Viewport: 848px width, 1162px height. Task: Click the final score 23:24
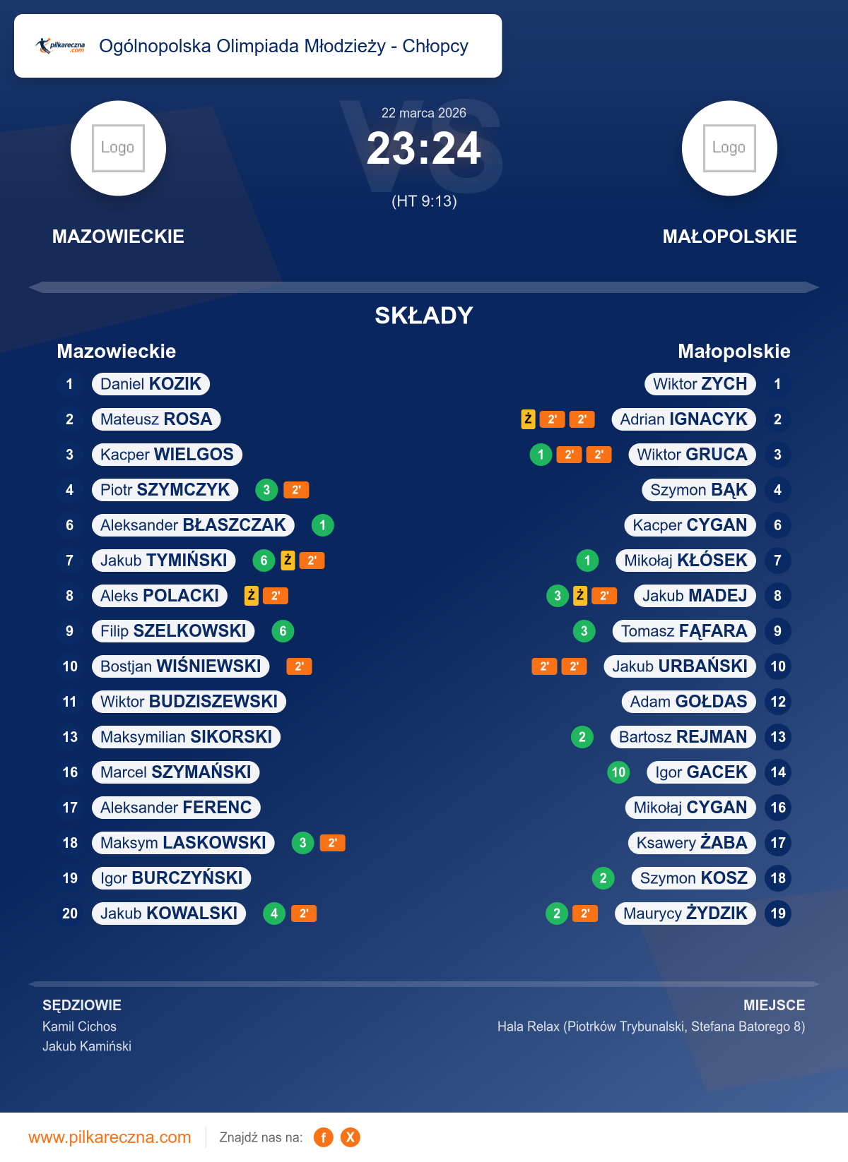pyautogui.click(x=423, y=149)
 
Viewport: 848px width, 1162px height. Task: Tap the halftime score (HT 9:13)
pyautogui.click(x=424, y=202)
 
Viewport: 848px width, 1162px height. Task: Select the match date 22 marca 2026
pyautogui.click(x=423, y=113)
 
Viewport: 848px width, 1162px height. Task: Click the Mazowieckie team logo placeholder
pyautogui.click(x=118, y=148)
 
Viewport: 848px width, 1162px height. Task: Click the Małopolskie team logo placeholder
pyautogui.click(x=729, y=148)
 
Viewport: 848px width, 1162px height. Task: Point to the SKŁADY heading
pyautogui.click(x=423, y=316)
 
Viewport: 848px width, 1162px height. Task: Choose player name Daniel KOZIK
pyautogui.click(x=151, y=384)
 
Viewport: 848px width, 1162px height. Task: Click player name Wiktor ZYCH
pyautogui.click(x=700, y=384)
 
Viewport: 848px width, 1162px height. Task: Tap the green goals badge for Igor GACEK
pyautogui.click(x=618, y=772)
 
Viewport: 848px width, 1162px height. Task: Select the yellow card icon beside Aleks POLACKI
pyautogui.click(x=251, y=596)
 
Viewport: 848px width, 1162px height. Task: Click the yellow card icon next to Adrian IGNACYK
pyautogui.click(x=528, y=419)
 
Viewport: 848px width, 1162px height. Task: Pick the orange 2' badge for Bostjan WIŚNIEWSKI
pyautogui.click(x=299, y=666)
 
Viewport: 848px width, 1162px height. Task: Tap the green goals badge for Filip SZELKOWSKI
pyautogui.click(x=283, y=631)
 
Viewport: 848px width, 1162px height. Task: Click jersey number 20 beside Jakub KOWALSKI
pyautogui.click(x=70, y=914)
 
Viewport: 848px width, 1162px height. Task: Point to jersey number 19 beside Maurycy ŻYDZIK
pyautogui.click(x=777, y=914)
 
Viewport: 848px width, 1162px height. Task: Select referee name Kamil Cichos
pyautogui.click(x=79, y=1026)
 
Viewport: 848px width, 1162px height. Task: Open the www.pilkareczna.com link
pyautogui.click(x=110, y=1137)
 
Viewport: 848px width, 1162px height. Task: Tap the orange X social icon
pyautogui.click(x=350, y=1137)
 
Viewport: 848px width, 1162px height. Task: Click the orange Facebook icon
pyautogui.click(x=324, y=1137)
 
